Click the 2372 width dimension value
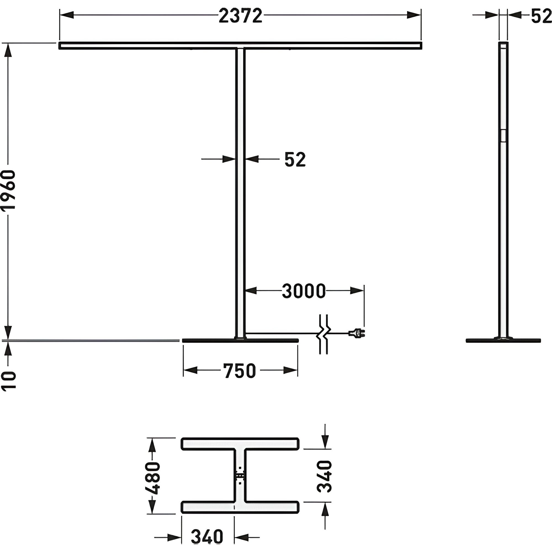(240, 16)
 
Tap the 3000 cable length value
(304, 291)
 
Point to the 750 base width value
(239, 371)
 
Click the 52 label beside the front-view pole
(295, 160)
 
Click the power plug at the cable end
(357, 333)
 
